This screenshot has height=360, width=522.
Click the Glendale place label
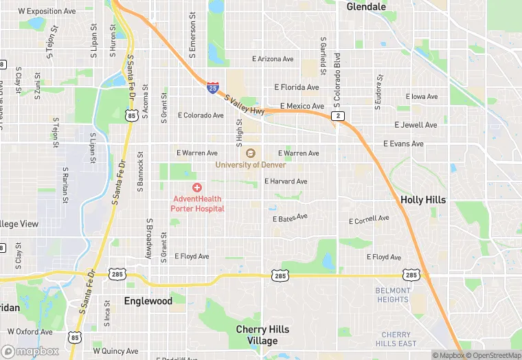366,6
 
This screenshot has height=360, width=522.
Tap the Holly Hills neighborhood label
423,200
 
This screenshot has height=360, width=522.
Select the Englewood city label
148,301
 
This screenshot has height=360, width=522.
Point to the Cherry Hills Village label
262,335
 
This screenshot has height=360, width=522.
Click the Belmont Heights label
393,295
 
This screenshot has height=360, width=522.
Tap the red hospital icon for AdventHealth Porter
198,188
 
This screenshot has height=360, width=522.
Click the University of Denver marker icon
250,153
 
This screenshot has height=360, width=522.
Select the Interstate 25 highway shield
214,87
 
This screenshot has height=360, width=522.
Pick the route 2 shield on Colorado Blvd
338,116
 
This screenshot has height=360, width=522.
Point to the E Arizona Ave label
273,59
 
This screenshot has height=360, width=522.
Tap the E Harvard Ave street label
286,181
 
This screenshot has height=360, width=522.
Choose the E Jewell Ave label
416,125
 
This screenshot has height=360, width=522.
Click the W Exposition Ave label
47,12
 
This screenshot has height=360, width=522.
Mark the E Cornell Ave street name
369,221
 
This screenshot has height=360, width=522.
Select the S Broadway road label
148,239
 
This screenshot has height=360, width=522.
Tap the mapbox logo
30,351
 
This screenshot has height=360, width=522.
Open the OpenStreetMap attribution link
493,355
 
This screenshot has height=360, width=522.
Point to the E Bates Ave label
290,218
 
